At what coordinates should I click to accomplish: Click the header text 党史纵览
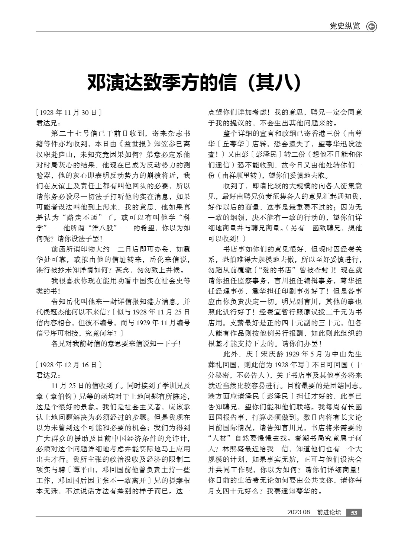(345, 26)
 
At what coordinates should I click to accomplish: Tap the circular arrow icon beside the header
(371, 26)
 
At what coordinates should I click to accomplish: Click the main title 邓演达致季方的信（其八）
(194, 83)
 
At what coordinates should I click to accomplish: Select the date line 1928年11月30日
(68, 112)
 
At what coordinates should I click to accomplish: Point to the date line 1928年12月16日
(68, 365)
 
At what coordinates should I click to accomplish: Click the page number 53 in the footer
(354, 513)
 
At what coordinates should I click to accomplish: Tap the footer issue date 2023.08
(298, 512)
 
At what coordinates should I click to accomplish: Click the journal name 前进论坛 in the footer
(329, 512)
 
